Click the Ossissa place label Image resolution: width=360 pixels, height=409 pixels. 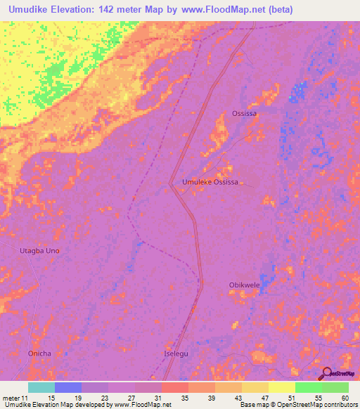tap(244, 113)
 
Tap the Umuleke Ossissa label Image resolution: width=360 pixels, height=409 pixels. tap(210, 182)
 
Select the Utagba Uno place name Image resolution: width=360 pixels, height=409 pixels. tap(39, 250)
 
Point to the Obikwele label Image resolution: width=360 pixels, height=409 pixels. tap(245, 285)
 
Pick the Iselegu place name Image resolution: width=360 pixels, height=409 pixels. tap(176, 353)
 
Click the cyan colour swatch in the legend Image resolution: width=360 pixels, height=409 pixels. tap(41, 387)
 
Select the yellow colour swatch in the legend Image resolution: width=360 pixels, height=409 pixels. tap(282, 387)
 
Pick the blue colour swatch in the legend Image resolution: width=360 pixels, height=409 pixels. tap(68, 387)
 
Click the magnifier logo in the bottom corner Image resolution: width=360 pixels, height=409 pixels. tap(328, 373)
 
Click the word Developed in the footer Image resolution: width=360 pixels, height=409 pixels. tap(93, 405)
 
